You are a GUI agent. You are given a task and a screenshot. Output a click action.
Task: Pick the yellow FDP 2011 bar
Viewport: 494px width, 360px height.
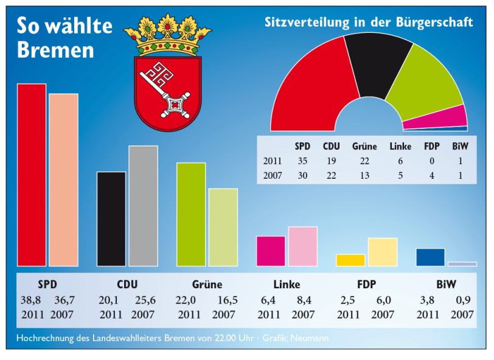click(x=350, y=260)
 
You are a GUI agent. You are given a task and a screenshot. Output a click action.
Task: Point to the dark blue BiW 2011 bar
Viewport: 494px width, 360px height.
click(x=430, y=257)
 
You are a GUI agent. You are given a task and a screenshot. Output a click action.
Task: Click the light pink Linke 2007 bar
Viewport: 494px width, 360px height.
click(x=302, y=246)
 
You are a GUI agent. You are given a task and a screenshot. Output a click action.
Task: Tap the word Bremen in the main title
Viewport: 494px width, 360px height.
click(x=55, y=49)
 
